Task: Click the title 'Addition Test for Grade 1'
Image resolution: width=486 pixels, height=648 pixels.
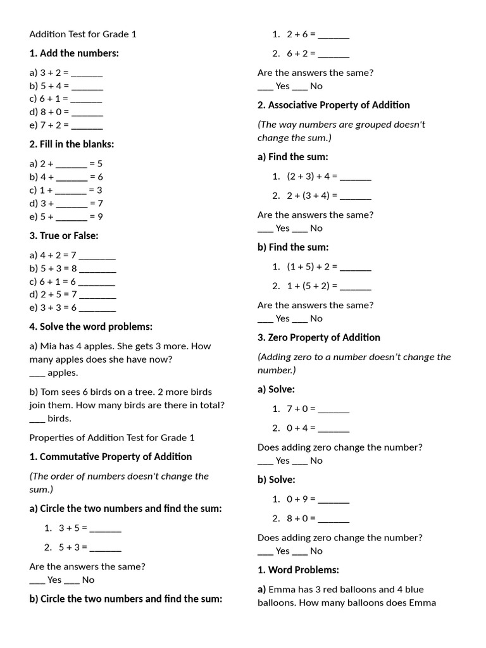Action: (x=83, y=34)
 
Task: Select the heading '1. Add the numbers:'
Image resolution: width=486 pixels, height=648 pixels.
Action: (x=74, y=53)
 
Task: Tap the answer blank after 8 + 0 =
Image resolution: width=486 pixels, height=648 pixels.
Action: (x=87, y=112)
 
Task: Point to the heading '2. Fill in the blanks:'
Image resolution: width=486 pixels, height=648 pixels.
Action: (x=72, y=144)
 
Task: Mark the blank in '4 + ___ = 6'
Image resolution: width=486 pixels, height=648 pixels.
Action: (x=72, y=177)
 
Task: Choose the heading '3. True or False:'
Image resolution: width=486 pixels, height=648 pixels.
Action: (x=64, y=235)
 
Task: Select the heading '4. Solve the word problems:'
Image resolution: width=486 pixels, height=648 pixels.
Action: (x=90, y=327)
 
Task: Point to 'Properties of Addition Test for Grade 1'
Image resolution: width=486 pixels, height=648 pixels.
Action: (x=112, y=437)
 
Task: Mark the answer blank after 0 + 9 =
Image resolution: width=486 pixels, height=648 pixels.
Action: (x=333, y=499)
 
